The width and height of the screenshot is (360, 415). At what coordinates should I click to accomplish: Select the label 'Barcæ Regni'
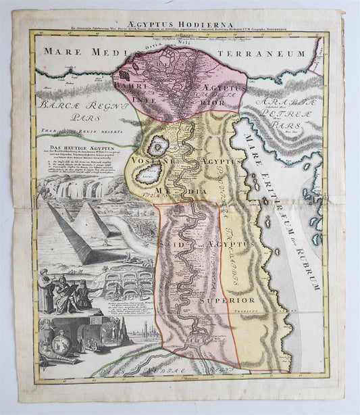click(x=68, y=105)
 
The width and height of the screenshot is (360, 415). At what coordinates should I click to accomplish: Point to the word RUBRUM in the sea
click(x=311, y=253)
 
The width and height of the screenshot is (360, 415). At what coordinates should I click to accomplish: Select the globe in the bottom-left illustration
click(x=50, y=336)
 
